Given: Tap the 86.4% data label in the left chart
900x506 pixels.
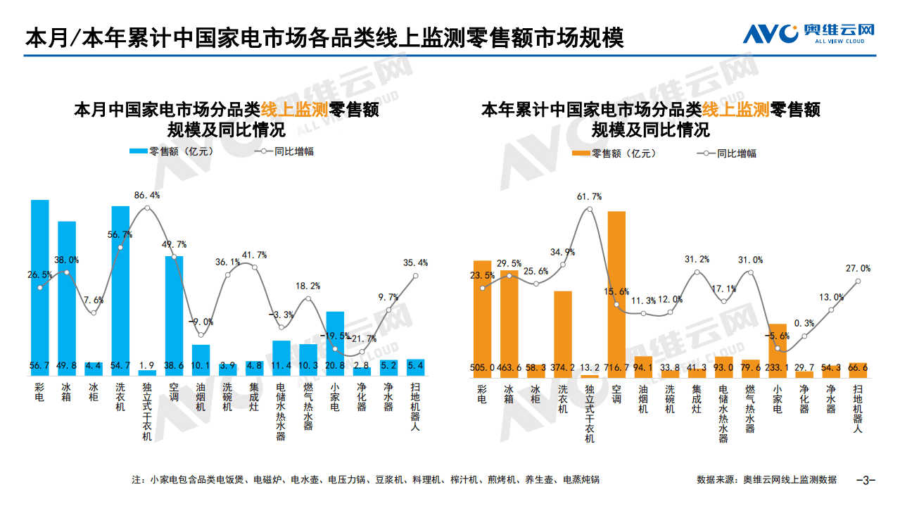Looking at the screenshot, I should (147, 195).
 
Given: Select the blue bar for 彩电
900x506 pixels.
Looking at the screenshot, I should (40, 282).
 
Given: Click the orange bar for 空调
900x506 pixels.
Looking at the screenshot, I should (616, 289).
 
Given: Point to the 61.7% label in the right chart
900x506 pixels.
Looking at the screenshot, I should (589, 197).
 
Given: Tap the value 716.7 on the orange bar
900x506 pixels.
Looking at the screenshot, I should (616, 366).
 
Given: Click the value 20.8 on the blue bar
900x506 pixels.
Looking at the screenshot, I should (335, 366).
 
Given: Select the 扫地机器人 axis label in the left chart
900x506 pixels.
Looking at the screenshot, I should (415, 407).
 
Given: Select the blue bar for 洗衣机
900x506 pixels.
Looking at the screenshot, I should (120, 282).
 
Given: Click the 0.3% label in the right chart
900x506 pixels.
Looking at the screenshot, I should (804, 324).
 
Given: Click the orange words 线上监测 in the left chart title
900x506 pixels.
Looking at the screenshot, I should (295, 110).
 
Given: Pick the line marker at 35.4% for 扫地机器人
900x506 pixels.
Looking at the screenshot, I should (416, 275).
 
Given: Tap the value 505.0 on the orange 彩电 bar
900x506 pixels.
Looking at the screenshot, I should (482, 366).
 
